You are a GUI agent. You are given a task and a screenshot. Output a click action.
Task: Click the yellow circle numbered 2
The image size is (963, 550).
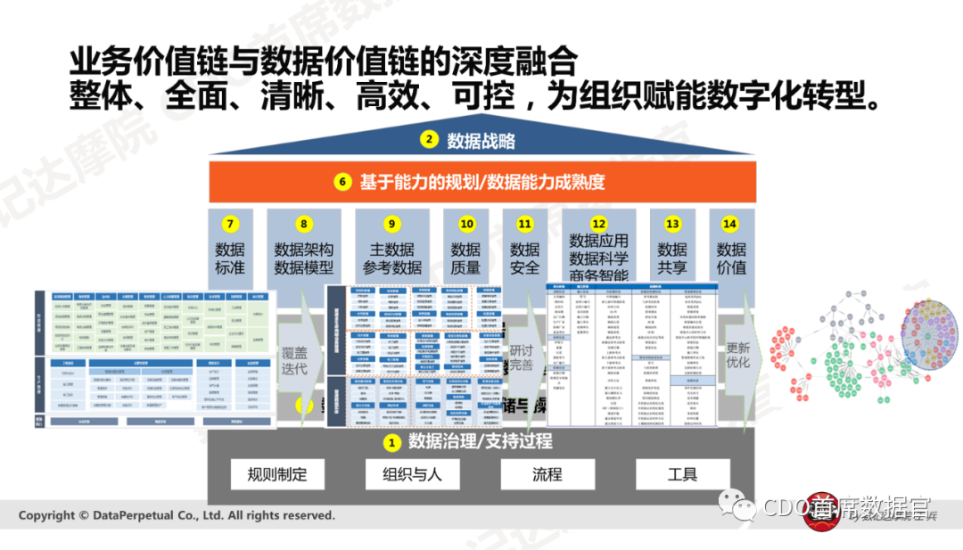(430, 140)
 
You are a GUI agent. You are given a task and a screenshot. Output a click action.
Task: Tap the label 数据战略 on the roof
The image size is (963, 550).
(481, 140)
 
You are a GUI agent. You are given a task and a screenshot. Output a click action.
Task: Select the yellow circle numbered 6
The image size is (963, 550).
(342, 183)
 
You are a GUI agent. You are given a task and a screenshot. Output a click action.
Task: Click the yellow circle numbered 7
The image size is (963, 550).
(230, 225)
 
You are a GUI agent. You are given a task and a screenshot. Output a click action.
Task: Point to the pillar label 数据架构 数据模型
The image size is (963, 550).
(304, 259)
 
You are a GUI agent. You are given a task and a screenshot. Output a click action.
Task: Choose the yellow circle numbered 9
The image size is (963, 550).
(391, 225)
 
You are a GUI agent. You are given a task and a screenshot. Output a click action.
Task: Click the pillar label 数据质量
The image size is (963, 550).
(465, 259)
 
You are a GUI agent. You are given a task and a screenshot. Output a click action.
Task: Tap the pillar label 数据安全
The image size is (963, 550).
(525, 259)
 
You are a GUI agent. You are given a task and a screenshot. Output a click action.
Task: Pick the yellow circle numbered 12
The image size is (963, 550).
(598, 225)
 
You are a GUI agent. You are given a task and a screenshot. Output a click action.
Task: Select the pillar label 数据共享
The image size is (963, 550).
(672, 259)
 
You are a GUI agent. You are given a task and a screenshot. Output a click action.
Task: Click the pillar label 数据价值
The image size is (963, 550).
(731, 259)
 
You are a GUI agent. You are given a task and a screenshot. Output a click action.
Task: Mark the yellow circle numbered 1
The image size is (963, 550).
(390, 441)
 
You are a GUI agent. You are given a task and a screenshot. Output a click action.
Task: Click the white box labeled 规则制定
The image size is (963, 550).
(277, 474)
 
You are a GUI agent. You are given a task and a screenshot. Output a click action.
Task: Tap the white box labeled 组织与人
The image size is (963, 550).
(412, 474)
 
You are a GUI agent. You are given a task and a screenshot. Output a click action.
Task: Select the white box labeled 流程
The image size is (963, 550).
(547, 474)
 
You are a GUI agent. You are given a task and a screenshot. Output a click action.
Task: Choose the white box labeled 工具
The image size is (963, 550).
(683, 474)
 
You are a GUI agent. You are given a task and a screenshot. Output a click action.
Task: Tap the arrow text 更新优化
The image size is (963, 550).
(738, 354)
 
